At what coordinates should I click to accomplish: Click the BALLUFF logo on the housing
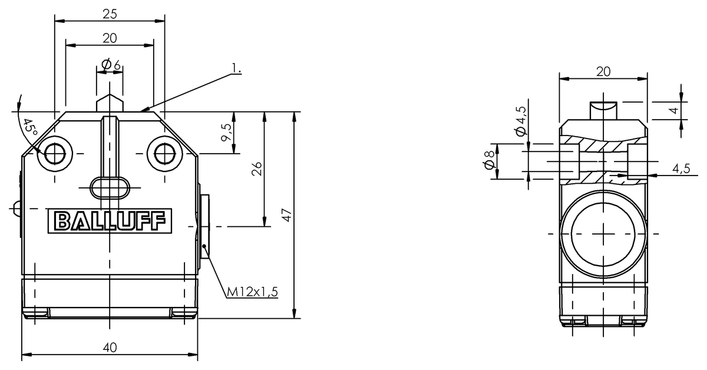[x=110, y=221]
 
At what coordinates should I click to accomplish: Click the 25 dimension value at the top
[x=110, y=14]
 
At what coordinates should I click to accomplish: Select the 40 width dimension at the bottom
[x=110, y=348]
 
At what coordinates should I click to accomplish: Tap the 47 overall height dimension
[x=286, y=214]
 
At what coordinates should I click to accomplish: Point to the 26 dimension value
[x=257, y=169]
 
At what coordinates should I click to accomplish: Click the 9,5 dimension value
[x=226, y=133]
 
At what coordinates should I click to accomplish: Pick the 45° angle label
[x=30, y=127]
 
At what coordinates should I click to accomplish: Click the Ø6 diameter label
[x=111, y=64]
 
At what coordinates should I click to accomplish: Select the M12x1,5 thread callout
[x=253, y=292]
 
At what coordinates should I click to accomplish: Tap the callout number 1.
[x=236, y=68]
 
